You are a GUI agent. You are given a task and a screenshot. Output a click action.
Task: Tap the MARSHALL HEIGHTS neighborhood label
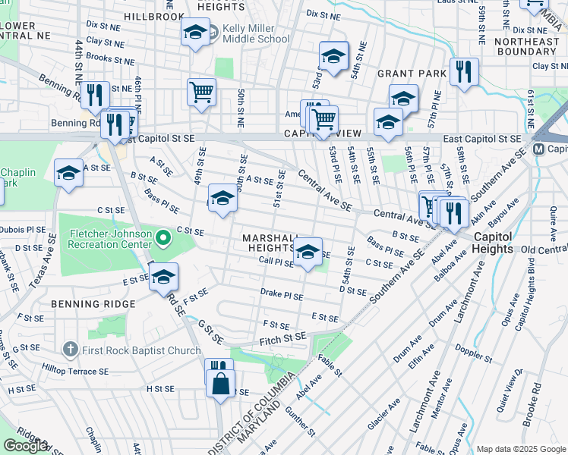point(273,243)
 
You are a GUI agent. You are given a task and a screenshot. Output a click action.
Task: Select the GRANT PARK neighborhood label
point(409,74)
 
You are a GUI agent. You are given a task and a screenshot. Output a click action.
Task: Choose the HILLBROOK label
point(154,16)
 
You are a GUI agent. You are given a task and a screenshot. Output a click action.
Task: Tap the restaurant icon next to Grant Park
point(464,72)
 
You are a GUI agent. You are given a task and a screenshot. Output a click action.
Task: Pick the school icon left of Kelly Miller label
point(195,32)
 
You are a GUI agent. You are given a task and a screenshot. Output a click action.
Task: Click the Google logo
point(25,446)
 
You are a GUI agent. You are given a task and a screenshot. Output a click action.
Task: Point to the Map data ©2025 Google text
point(520,449)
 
